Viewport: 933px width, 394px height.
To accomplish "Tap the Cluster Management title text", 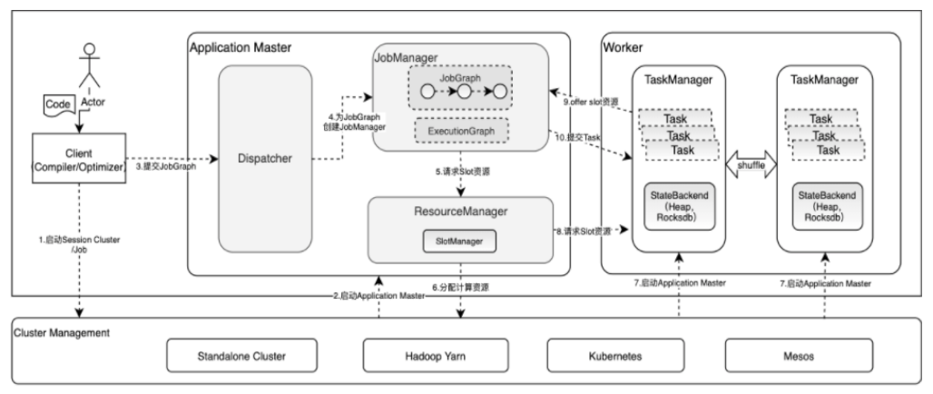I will coord(61,333).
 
